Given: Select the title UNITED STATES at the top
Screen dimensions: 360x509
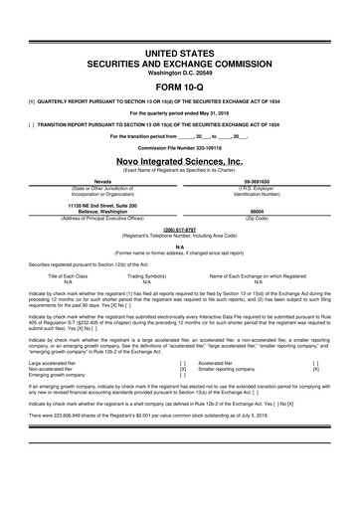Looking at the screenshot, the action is tap(180, 23).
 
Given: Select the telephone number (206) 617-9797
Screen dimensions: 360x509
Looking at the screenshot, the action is tap(180, 199).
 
